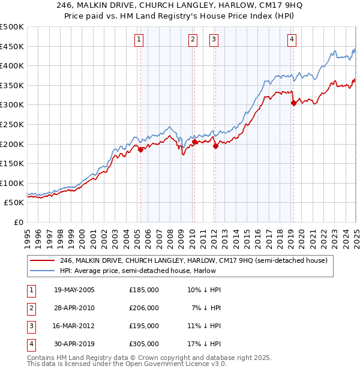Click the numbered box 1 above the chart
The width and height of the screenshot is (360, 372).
pos(139,40)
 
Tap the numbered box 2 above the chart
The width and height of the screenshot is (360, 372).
pos(193,40)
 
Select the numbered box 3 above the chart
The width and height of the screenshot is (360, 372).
pos(214,40)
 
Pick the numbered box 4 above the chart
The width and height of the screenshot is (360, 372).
pos(292,40)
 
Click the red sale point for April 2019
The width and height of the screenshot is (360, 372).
pos(293,103)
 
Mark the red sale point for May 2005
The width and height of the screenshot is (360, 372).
pos(141,150)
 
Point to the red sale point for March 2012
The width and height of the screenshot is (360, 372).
pos(215,146)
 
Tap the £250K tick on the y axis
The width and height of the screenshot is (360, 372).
pos(13,124)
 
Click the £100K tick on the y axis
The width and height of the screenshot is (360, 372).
pos(13,183)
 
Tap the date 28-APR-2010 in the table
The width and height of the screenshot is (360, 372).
pos(74,308)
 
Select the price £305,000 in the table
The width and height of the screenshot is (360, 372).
pos(144,344)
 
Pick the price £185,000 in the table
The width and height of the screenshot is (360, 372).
pos(144,290)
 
